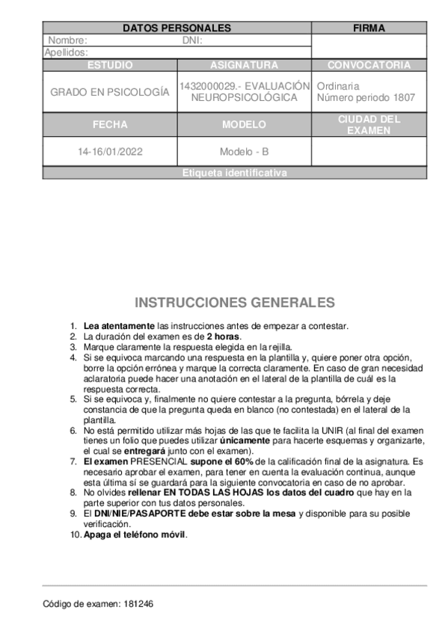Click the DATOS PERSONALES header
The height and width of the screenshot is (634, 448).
coord(177,28)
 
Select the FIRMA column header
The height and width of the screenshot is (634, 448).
coord(369,28)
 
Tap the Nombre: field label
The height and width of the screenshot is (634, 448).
coord(67,40)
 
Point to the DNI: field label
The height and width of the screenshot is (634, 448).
coord(192,40)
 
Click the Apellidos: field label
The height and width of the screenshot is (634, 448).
coord(67,52)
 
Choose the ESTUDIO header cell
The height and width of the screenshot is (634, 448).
coord(110,65)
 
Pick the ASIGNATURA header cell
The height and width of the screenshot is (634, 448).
coord(244,65)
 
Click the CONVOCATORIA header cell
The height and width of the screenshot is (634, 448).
coord(369,65)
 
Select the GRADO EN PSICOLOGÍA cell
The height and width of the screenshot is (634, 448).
coord(110,92)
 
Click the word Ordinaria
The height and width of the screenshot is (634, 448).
coord(338,87)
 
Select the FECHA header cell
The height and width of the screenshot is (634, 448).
coord(110,125)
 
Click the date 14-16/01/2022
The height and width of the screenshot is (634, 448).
coord(110,152)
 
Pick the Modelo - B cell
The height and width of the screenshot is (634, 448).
coord(244,152)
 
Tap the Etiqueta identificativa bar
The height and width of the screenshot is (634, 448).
coord(234,173)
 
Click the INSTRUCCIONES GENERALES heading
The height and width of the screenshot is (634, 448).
coord(235,303)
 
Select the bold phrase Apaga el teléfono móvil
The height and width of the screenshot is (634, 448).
coord(135,535)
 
